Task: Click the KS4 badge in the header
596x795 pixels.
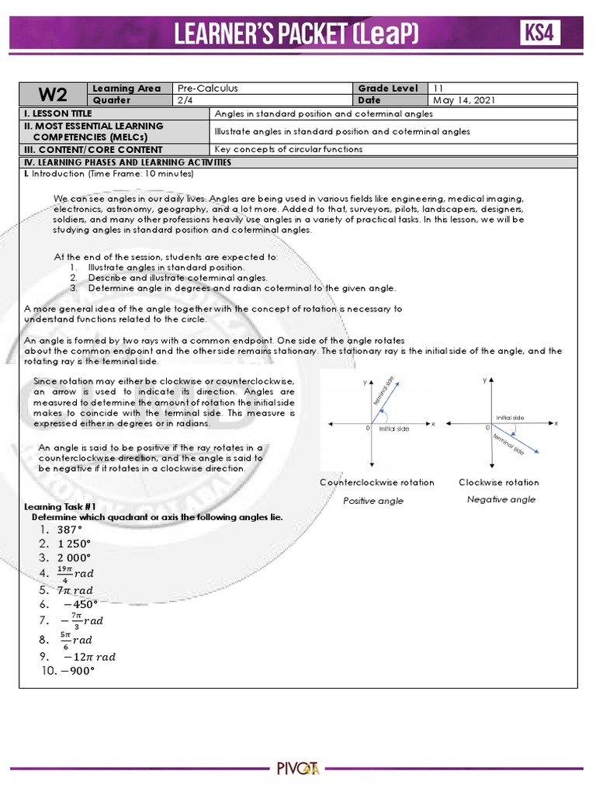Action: (x=540, y=33)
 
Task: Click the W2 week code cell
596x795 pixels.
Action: (x=54, y=95)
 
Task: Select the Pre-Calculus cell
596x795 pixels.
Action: (x=207, y=89)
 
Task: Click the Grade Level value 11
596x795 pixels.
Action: (x=438, y=89)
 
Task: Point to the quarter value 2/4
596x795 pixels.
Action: (x=185, y=100)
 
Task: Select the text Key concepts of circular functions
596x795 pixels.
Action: (x=288, y=149)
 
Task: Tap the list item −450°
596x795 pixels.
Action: (x=80, y=604)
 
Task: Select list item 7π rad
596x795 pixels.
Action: (x=75, y=590)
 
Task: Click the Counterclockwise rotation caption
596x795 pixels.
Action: (x=377, y=482)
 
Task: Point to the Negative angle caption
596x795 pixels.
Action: (x=501, y=499)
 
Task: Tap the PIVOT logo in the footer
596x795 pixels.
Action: (x=298, y=769)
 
